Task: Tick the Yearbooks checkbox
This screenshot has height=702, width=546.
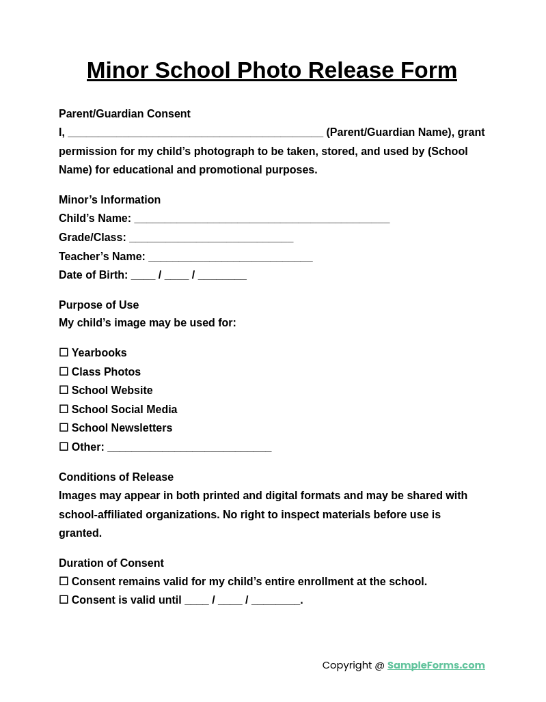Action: tap(64, 352)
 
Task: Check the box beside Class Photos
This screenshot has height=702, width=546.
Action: tap(64, 371)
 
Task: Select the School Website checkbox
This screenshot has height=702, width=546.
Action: tap(64, 390)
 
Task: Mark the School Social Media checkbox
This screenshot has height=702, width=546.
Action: tap(64, 409)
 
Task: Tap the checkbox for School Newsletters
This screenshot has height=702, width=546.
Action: tap(64, 427)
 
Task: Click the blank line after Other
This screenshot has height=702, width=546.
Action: tap(189, 448)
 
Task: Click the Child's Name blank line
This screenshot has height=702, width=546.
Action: tap(262, 219)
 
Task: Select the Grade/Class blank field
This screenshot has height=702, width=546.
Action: tap(211, 238)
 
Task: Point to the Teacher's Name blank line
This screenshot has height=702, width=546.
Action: tap(230, 257)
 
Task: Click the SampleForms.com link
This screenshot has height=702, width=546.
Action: tap(436, 665)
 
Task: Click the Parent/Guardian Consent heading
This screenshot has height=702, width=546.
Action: tap(124, 114)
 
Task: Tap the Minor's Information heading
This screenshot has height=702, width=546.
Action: tap(109, 200)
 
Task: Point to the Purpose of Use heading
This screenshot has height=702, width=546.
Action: tap(98, 305)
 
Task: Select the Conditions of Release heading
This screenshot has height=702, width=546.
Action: tap(116, 477)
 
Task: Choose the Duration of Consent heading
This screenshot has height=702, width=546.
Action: tap(111, 563)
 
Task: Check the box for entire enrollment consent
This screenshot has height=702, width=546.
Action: tap(64, 581)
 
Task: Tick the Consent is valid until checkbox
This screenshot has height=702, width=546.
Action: tap(64, 600)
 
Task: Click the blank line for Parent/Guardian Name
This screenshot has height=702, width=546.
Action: tap(195, 133)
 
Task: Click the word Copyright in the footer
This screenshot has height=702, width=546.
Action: tap(346, 665)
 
